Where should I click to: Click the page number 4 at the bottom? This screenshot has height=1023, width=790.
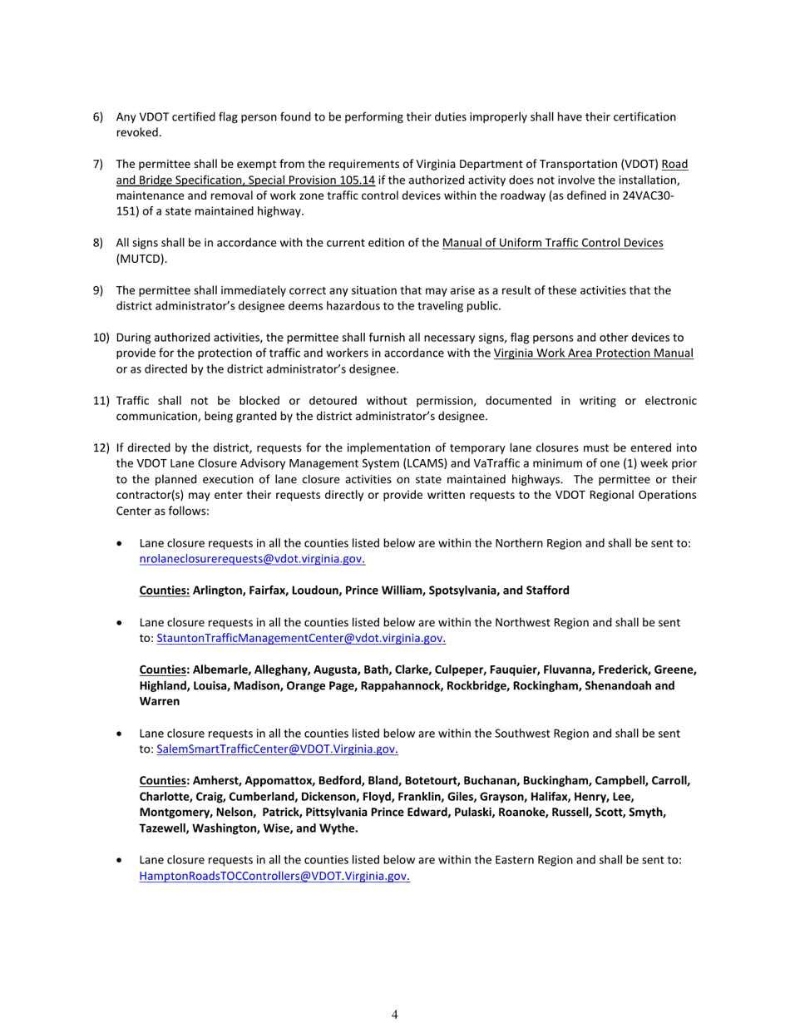click(394, 1014)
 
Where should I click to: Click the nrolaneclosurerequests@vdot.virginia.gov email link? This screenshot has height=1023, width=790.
click(251, 559)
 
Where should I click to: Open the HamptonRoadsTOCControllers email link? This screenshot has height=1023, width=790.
click(274, 876)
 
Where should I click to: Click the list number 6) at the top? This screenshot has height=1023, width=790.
click(97, 117)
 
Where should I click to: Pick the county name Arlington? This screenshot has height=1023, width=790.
click(216, 591)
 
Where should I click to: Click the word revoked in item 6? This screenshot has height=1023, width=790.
click(139, 133)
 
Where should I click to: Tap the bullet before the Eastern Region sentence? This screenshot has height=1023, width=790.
click(122, 860)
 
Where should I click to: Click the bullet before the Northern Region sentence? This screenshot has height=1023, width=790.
click(122, 543)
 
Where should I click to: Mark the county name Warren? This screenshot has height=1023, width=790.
click(159, 701)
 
